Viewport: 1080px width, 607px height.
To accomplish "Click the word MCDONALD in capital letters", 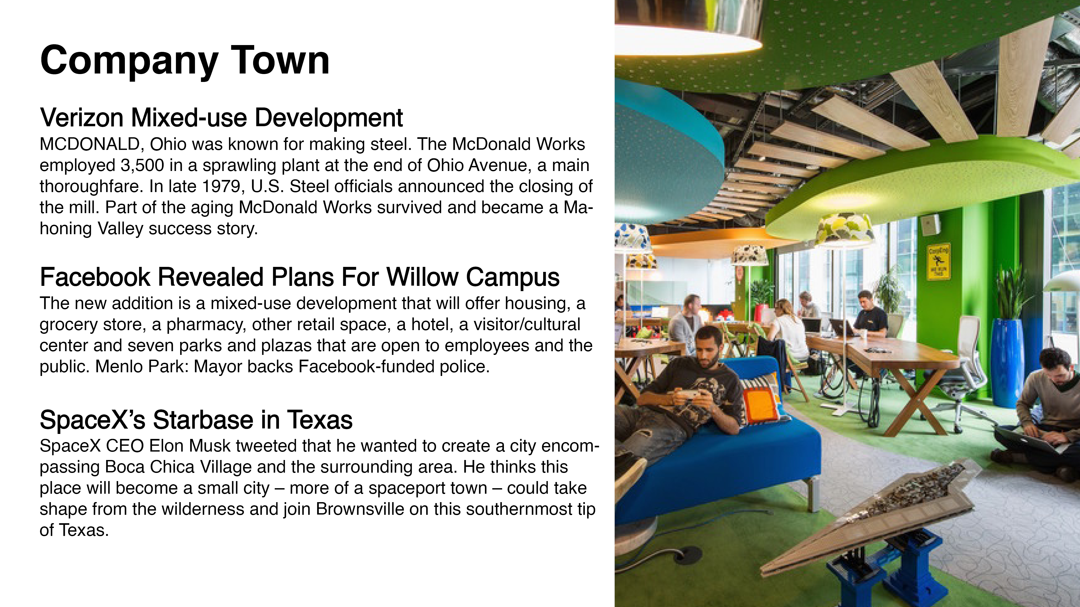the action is (90, 144).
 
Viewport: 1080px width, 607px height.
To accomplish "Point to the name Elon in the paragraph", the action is (166, 446).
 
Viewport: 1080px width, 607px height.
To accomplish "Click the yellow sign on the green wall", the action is (938, 262).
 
